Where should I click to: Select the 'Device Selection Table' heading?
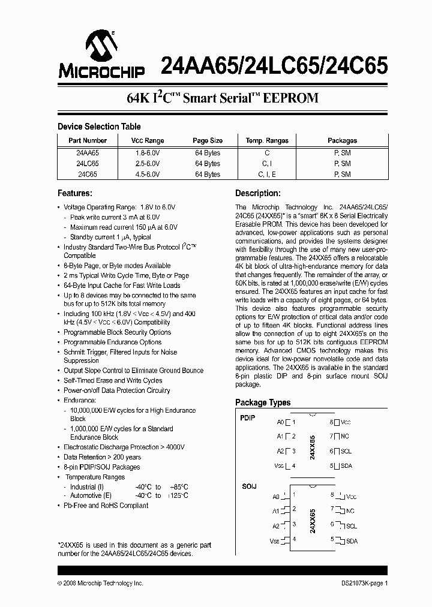[99, 127]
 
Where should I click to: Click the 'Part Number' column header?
[88, 140]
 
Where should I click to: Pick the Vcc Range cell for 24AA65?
[148, 153]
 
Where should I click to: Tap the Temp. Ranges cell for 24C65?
[267, 175]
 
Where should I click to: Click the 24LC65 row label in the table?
[88, 164]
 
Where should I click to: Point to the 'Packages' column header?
[342, 140]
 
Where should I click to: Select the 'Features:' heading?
[74, 193]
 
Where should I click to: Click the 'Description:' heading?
[257, 193]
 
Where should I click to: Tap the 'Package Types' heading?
[263, 402]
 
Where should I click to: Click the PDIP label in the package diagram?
[247, 418]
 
